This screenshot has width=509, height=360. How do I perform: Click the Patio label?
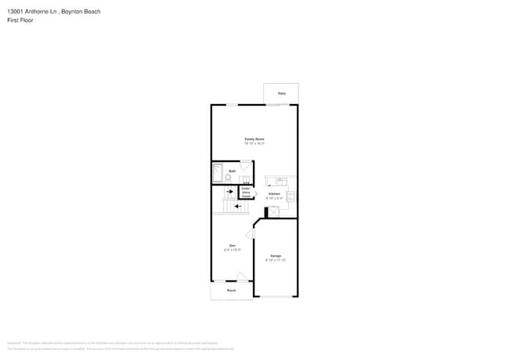pyautogui.click(x=281, y=94)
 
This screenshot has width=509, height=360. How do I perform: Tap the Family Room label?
pyautogui.click(x=254, y=139)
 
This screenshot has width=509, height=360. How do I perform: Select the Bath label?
pyautogui.click(x=233, y=170)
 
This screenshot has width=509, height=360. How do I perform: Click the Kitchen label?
pyautogui.click(x=274, y=193)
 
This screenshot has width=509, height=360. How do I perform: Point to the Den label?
pyautogui.click(x=232, y=246)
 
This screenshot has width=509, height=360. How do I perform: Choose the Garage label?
pyautogui.click(x=276, y=256)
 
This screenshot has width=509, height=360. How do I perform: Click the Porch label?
pyautogui.click(x=232, y=290)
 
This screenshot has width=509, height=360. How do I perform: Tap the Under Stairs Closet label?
pyautogui.click(x=246, y=192)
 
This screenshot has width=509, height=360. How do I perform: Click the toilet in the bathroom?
pyautogui.click(x=229, y=178)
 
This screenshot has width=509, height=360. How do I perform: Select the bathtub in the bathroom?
pyautogui.click(x=217, y=174)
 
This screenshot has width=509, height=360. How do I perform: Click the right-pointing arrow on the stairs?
pyautogui.click(x=230, y=191)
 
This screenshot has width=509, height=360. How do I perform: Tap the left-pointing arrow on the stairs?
pyautogui.click(x=238, y=206)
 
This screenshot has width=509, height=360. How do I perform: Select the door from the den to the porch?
pyautogui.click(x=243, y=276)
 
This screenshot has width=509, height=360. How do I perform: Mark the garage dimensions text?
pyautogui.click(x=276, y=260)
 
